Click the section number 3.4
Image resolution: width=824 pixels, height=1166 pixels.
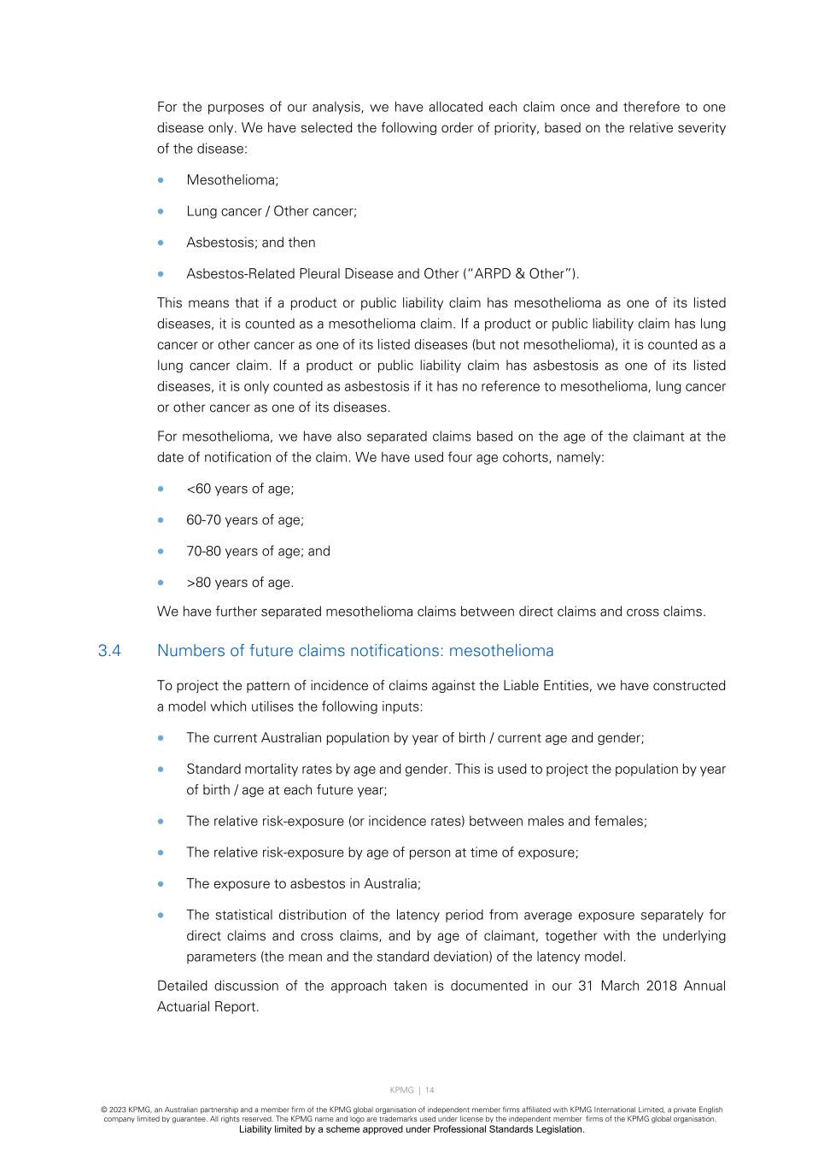pyautogui.click(x=109, y=651)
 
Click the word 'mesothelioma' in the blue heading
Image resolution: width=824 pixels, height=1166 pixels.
pyautogui.click(x=501, y=651)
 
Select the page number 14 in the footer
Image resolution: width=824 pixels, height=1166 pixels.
pyautogui.click(x=430, y=1090)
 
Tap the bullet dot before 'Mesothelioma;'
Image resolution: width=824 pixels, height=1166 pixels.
pyautogui.click(x=161, y=180)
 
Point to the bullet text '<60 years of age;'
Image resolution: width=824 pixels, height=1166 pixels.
pyautogui.click(x=240, y=489)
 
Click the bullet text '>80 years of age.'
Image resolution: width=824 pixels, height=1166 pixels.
pyautogui.click(x=240, y=583)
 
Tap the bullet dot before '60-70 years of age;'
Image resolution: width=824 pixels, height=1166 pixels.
pyautogui.click(x=161, y=520)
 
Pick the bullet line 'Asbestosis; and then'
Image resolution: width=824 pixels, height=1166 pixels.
pyautogui.click(x=251, y=243)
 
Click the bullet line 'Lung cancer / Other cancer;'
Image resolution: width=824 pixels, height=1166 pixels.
pyautogui.click(x=272, y=211)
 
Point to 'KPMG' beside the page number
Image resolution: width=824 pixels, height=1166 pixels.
pyautogui.click(x=401, y=1090)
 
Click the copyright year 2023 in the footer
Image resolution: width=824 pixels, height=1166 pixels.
pyautogui.click(x=118, y=1110)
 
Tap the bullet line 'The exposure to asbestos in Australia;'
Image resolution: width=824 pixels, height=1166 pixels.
pyautogui.click(x=303, y=883)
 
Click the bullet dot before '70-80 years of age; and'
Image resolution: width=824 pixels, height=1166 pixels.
pyautogui.click(x=161, y=552)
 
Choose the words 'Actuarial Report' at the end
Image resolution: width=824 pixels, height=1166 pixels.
pyautogui.click(x=207, y=1006)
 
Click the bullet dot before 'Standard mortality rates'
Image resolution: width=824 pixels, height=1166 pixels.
pyautogui.click(x=161, y=769)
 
